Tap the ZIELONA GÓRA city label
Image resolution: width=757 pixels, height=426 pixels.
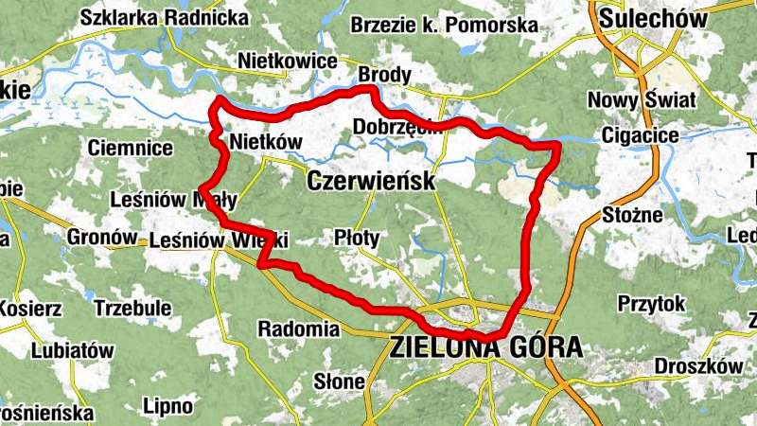(x=486, y=348)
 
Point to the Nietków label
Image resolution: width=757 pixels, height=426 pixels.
(x=266, y=142)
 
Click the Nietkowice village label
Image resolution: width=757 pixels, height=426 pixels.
(x=288, y=62)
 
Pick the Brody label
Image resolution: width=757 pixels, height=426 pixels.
(x=383, y=75)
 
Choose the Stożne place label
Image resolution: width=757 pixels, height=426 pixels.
(x=632, y=216)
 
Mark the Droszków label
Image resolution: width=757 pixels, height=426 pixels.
(x=698, y=366)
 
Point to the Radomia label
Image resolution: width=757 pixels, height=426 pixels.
(x=298, y=329)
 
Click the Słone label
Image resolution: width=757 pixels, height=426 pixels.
(x=341, y=382)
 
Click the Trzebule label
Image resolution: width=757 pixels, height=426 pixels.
(x=132, y=308)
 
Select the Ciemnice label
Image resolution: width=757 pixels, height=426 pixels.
(x=130, y=148)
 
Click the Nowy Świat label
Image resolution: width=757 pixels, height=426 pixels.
(x=642, y=99)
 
